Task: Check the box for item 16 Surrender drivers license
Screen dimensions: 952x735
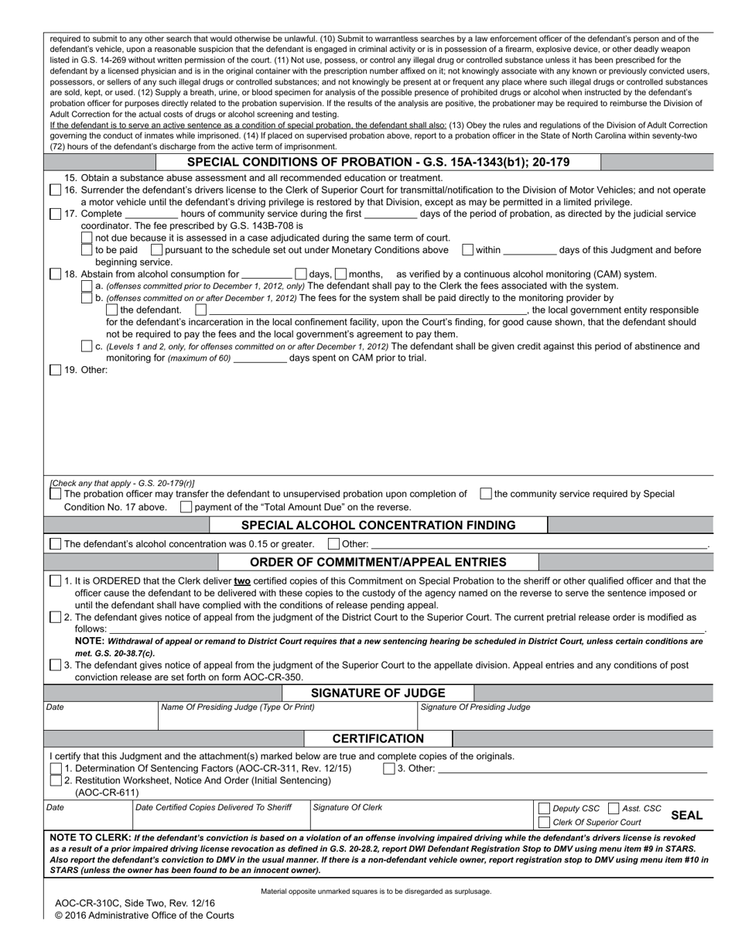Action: coord(56,190)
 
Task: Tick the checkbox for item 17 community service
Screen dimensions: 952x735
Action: coord(56,214)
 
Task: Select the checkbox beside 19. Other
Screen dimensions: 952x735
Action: coord(56,370)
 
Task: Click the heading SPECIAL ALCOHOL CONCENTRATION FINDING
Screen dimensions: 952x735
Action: coord(378,526)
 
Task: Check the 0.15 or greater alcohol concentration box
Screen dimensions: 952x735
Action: coord(56,544)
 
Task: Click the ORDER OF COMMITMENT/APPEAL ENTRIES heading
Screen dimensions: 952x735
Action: coord(378,562)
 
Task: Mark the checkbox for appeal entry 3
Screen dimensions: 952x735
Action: coord(56,665)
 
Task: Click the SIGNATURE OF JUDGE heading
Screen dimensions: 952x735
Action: coord(378,693)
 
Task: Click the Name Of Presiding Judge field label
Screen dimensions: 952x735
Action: coord(238,707)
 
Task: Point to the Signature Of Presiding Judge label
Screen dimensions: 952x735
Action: coord(475,707)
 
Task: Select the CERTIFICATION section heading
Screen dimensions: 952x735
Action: coord(378,738)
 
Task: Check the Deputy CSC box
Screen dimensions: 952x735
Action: coord(544,809)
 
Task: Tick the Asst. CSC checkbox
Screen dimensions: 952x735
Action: coord(614,809)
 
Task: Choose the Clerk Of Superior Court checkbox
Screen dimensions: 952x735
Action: coord(544,822)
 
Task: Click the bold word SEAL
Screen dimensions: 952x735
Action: coord(686,816)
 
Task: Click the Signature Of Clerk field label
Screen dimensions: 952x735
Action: coord(347,808)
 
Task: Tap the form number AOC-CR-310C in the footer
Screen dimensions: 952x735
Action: coord(88,903)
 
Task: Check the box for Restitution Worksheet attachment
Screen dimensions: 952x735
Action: coord(56,780)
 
